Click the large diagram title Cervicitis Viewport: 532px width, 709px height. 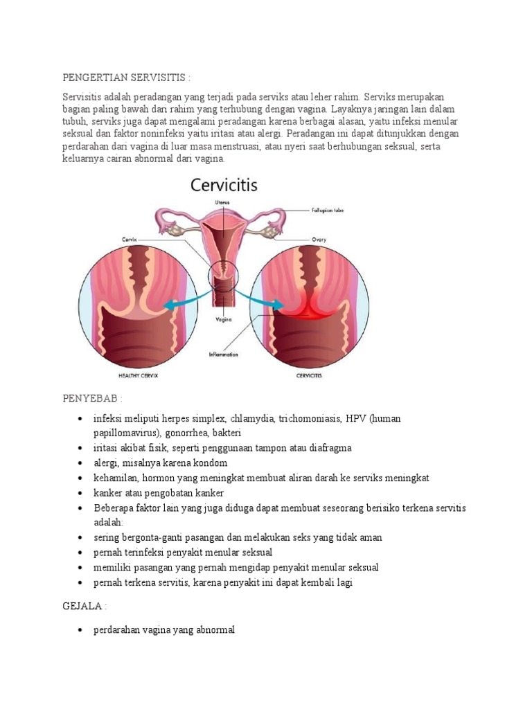click(x=224, y=186)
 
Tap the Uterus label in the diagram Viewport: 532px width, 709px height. click(x=222, y=202)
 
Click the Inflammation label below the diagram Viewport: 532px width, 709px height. click(x=223, y=354)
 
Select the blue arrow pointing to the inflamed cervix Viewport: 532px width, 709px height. click(x=267, y=302)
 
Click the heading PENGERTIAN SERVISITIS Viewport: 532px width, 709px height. click(x=126, y=76)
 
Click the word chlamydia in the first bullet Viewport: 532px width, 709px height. click(x=251, y=419)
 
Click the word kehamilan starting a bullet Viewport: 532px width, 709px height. click(x=116, y=478)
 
